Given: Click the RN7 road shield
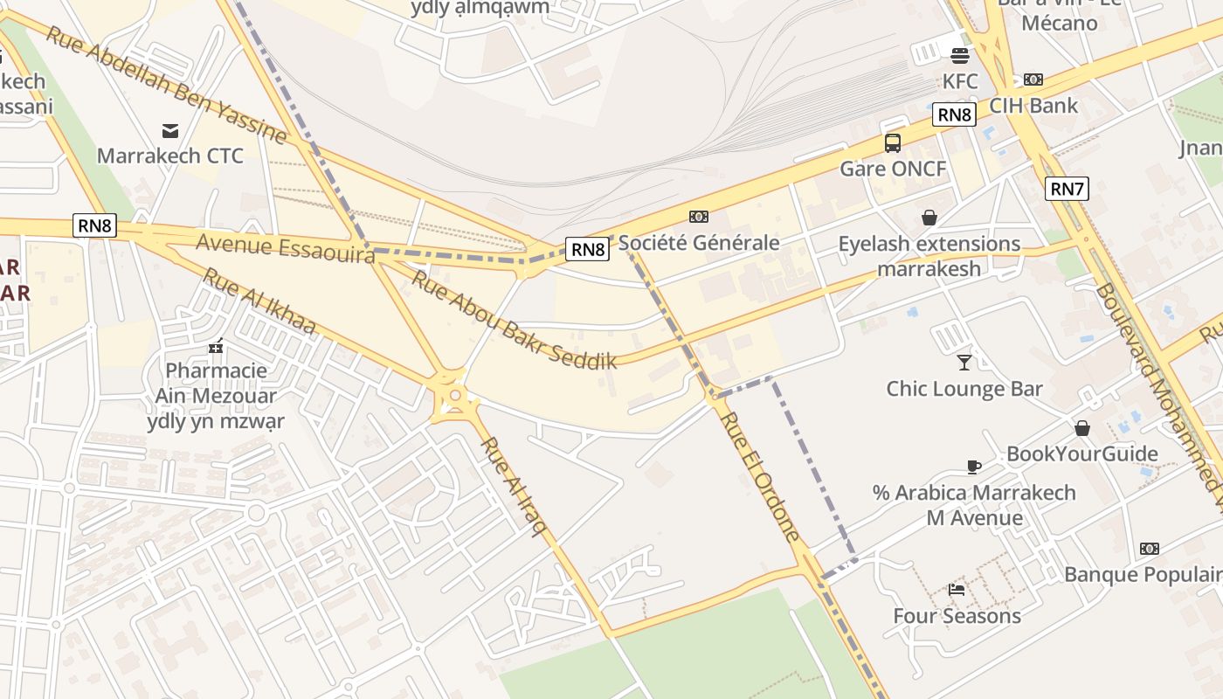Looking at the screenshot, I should [x=1067, y=188].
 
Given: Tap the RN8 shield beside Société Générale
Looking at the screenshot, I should [x=587, y=249].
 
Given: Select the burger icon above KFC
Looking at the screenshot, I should [x=960, y=56].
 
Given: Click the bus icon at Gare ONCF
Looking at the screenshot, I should [x=892, y=143].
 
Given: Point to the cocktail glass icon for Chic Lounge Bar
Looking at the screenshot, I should [x=964, y=362].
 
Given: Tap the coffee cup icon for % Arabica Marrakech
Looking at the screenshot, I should [x=974, y=467].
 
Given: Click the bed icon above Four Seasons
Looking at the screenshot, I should [x=957, y=590].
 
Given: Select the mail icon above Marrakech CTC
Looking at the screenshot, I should [x=170, y=131].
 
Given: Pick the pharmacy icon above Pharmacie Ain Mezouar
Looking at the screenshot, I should [x=216, y=346].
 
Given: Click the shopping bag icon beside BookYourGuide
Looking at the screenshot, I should [x=1081, y=428].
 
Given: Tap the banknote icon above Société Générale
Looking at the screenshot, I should [x=698, y=217].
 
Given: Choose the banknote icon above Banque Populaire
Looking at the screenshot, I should [x=1149, y=549].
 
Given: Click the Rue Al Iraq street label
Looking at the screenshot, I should [x=514, y=485].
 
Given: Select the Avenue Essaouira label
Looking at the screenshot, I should [x=285, y=246].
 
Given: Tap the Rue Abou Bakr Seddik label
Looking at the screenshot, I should [x=514, y=320].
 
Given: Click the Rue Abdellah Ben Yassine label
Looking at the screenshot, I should [x=166, y=85].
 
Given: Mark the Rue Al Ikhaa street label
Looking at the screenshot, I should [x=259, y=301].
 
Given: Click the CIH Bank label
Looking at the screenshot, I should [x=1033, y=106].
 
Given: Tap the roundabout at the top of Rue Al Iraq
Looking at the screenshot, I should [x=454, y=399].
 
